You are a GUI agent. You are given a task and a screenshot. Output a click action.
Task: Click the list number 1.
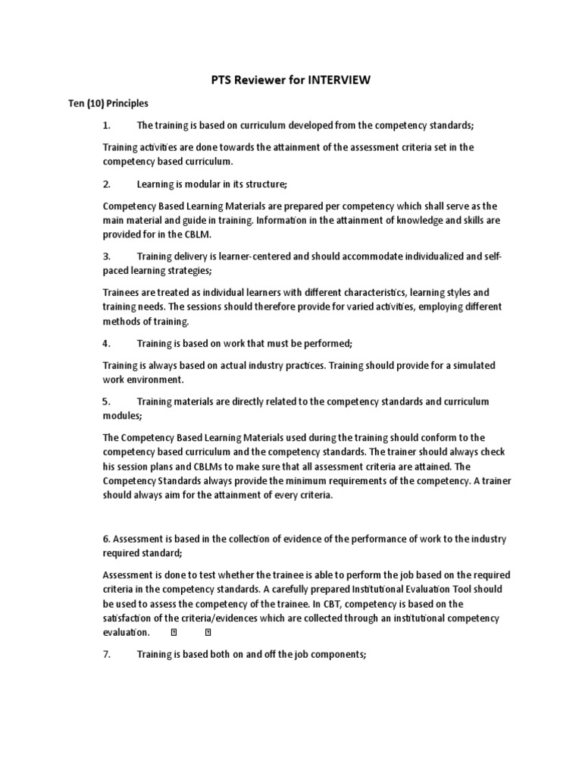tap(107, 125)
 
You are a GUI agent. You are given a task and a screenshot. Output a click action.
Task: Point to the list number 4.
tap(107, 344)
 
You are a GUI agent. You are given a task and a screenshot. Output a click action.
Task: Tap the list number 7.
tap(107, 653)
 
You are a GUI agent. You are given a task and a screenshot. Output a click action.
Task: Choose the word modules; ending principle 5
tap(122, 416)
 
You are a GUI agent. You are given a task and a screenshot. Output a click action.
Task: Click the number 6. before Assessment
tap(106, 539)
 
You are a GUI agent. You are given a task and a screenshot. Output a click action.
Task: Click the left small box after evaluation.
tap(174, 633)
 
